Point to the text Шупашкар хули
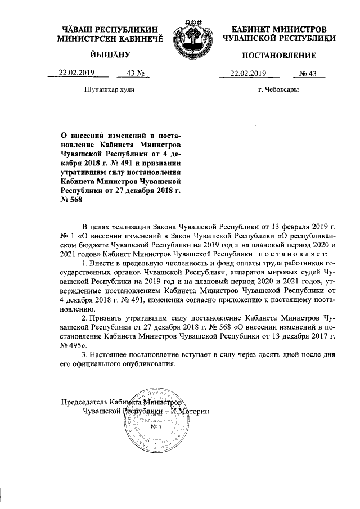(x=110, y=89)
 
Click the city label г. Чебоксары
(x=278, y=89)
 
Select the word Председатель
(x=83, y=402)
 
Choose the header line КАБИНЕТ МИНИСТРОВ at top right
(x=279, y=29)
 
